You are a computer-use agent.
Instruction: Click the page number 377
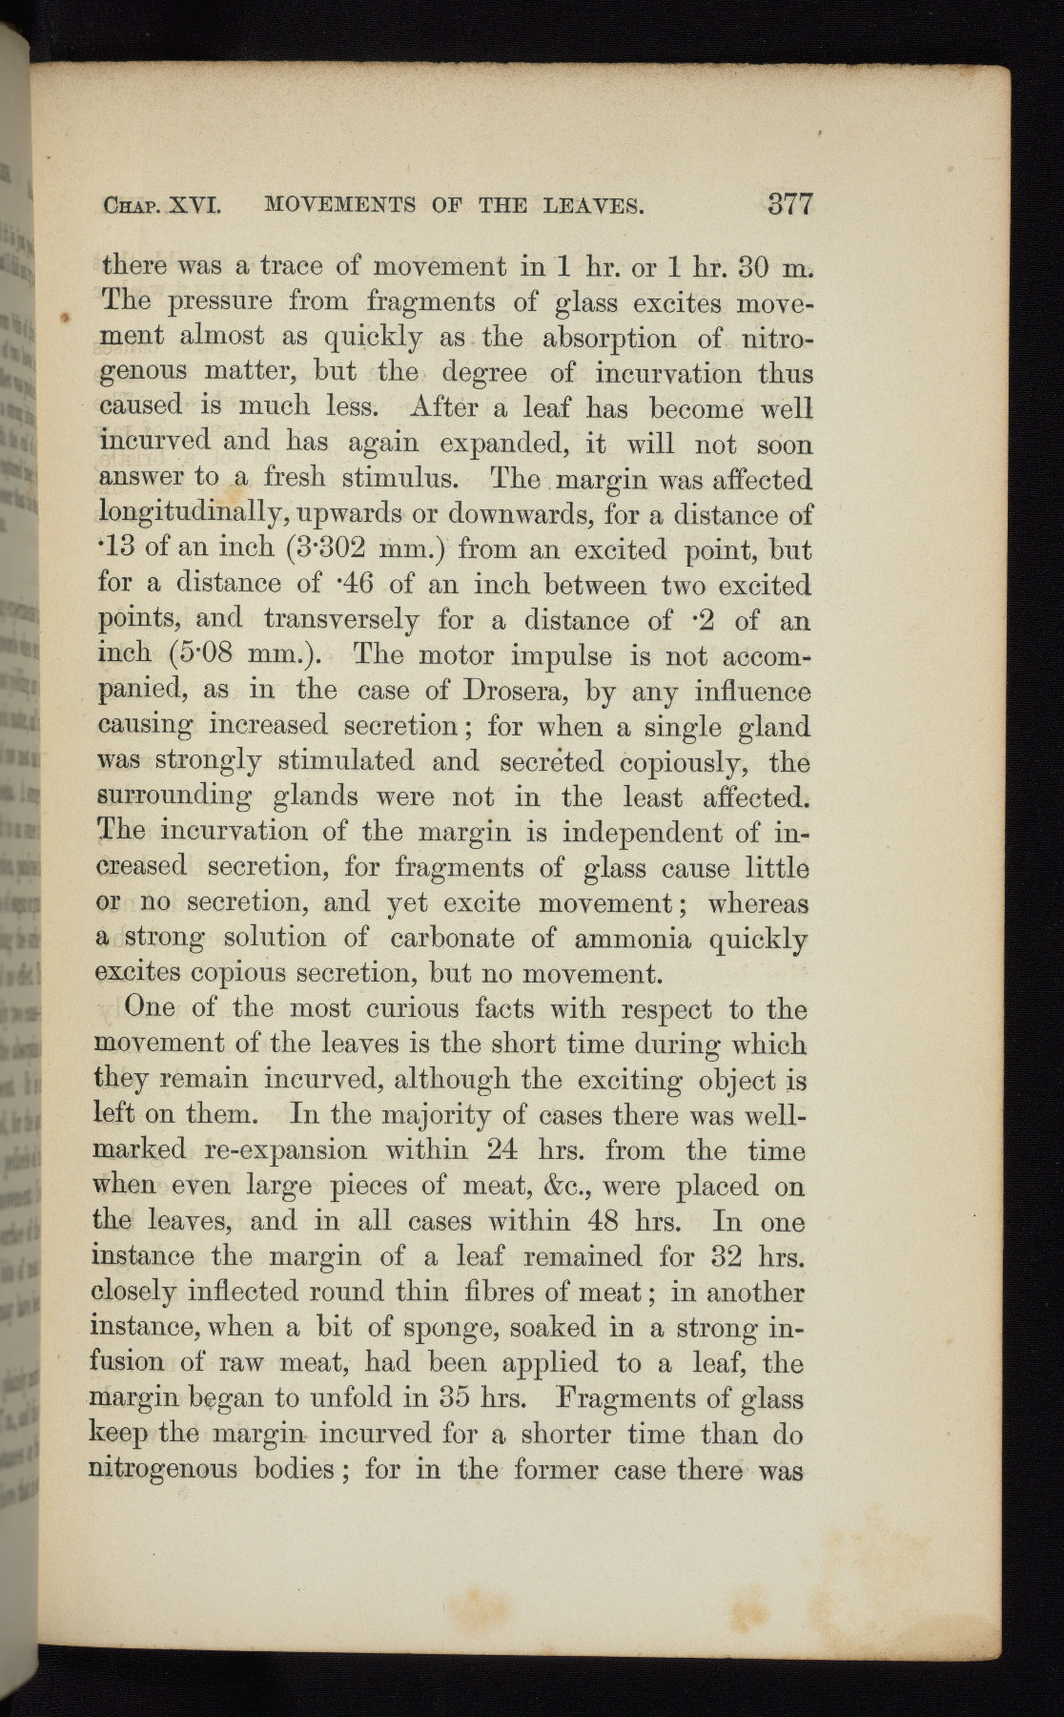[x=788, y=204]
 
